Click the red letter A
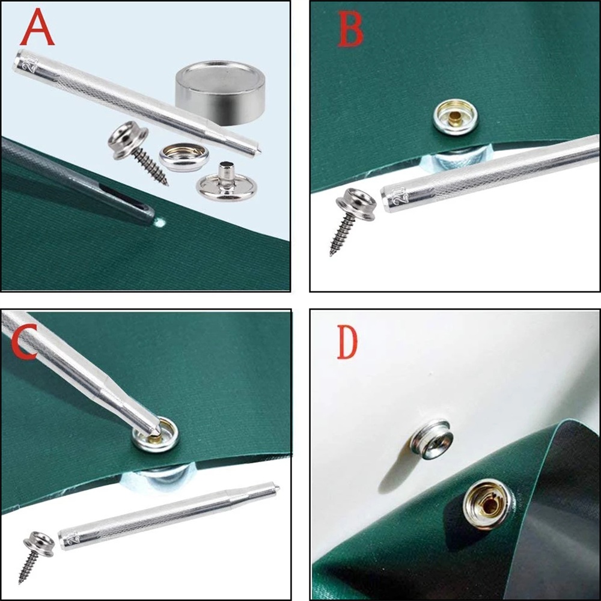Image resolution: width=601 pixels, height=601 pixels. [37, 27]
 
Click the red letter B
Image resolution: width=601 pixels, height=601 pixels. [350, 29]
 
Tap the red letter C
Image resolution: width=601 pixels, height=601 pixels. [24, 341]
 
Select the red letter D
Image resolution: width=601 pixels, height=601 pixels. [347, 342]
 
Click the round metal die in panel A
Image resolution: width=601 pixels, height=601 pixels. [221, 92]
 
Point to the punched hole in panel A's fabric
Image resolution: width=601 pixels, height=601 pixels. [159, 222]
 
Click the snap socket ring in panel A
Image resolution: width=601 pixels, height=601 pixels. [184, 157]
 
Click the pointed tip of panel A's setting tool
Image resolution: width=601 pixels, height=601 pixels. [261, 151]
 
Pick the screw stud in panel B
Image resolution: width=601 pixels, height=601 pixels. [352, 219]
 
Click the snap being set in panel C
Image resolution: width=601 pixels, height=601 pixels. [155, 435]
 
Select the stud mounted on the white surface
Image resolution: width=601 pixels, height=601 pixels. [432, 439]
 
